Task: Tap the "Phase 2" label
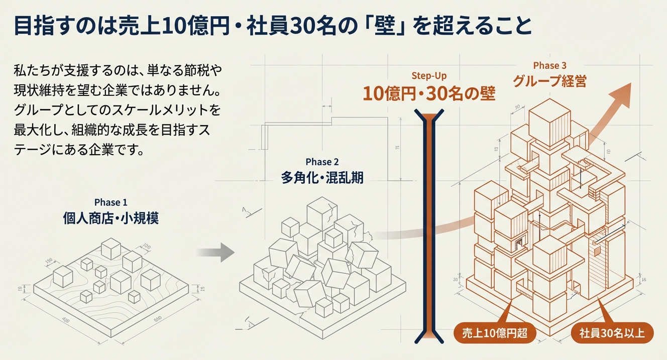point(322,162)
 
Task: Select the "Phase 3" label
point(549,65)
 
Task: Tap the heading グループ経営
point(549,81)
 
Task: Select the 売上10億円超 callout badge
point(494,333)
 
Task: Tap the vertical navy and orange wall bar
point(428,226)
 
